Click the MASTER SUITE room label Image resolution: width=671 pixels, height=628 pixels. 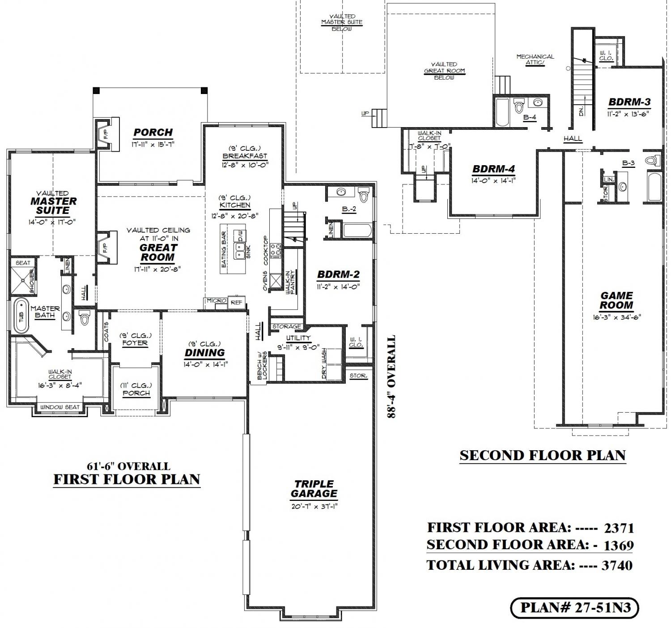(53, 205)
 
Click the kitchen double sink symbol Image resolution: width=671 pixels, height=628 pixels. (239, 251)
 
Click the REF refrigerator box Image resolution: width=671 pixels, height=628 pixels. (237, 302)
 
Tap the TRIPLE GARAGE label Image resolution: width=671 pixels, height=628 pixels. (314, 489)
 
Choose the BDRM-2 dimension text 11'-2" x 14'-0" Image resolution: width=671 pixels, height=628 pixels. (338, 287)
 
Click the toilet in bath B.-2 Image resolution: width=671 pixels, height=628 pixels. (364, 194)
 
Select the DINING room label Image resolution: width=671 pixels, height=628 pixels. (205, 352)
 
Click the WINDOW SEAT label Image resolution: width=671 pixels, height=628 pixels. (60, 407)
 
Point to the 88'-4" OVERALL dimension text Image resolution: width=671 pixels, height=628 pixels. (391, 376)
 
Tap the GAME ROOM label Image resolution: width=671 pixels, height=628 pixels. (616, 300)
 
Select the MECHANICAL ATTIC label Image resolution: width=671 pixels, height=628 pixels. (535, 60)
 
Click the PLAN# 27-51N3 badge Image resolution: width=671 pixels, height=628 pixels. (574, 607)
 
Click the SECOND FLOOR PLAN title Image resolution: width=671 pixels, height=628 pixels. (543, 455)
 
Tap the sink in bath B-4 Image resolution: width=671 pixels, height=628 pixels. (538, 102)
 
